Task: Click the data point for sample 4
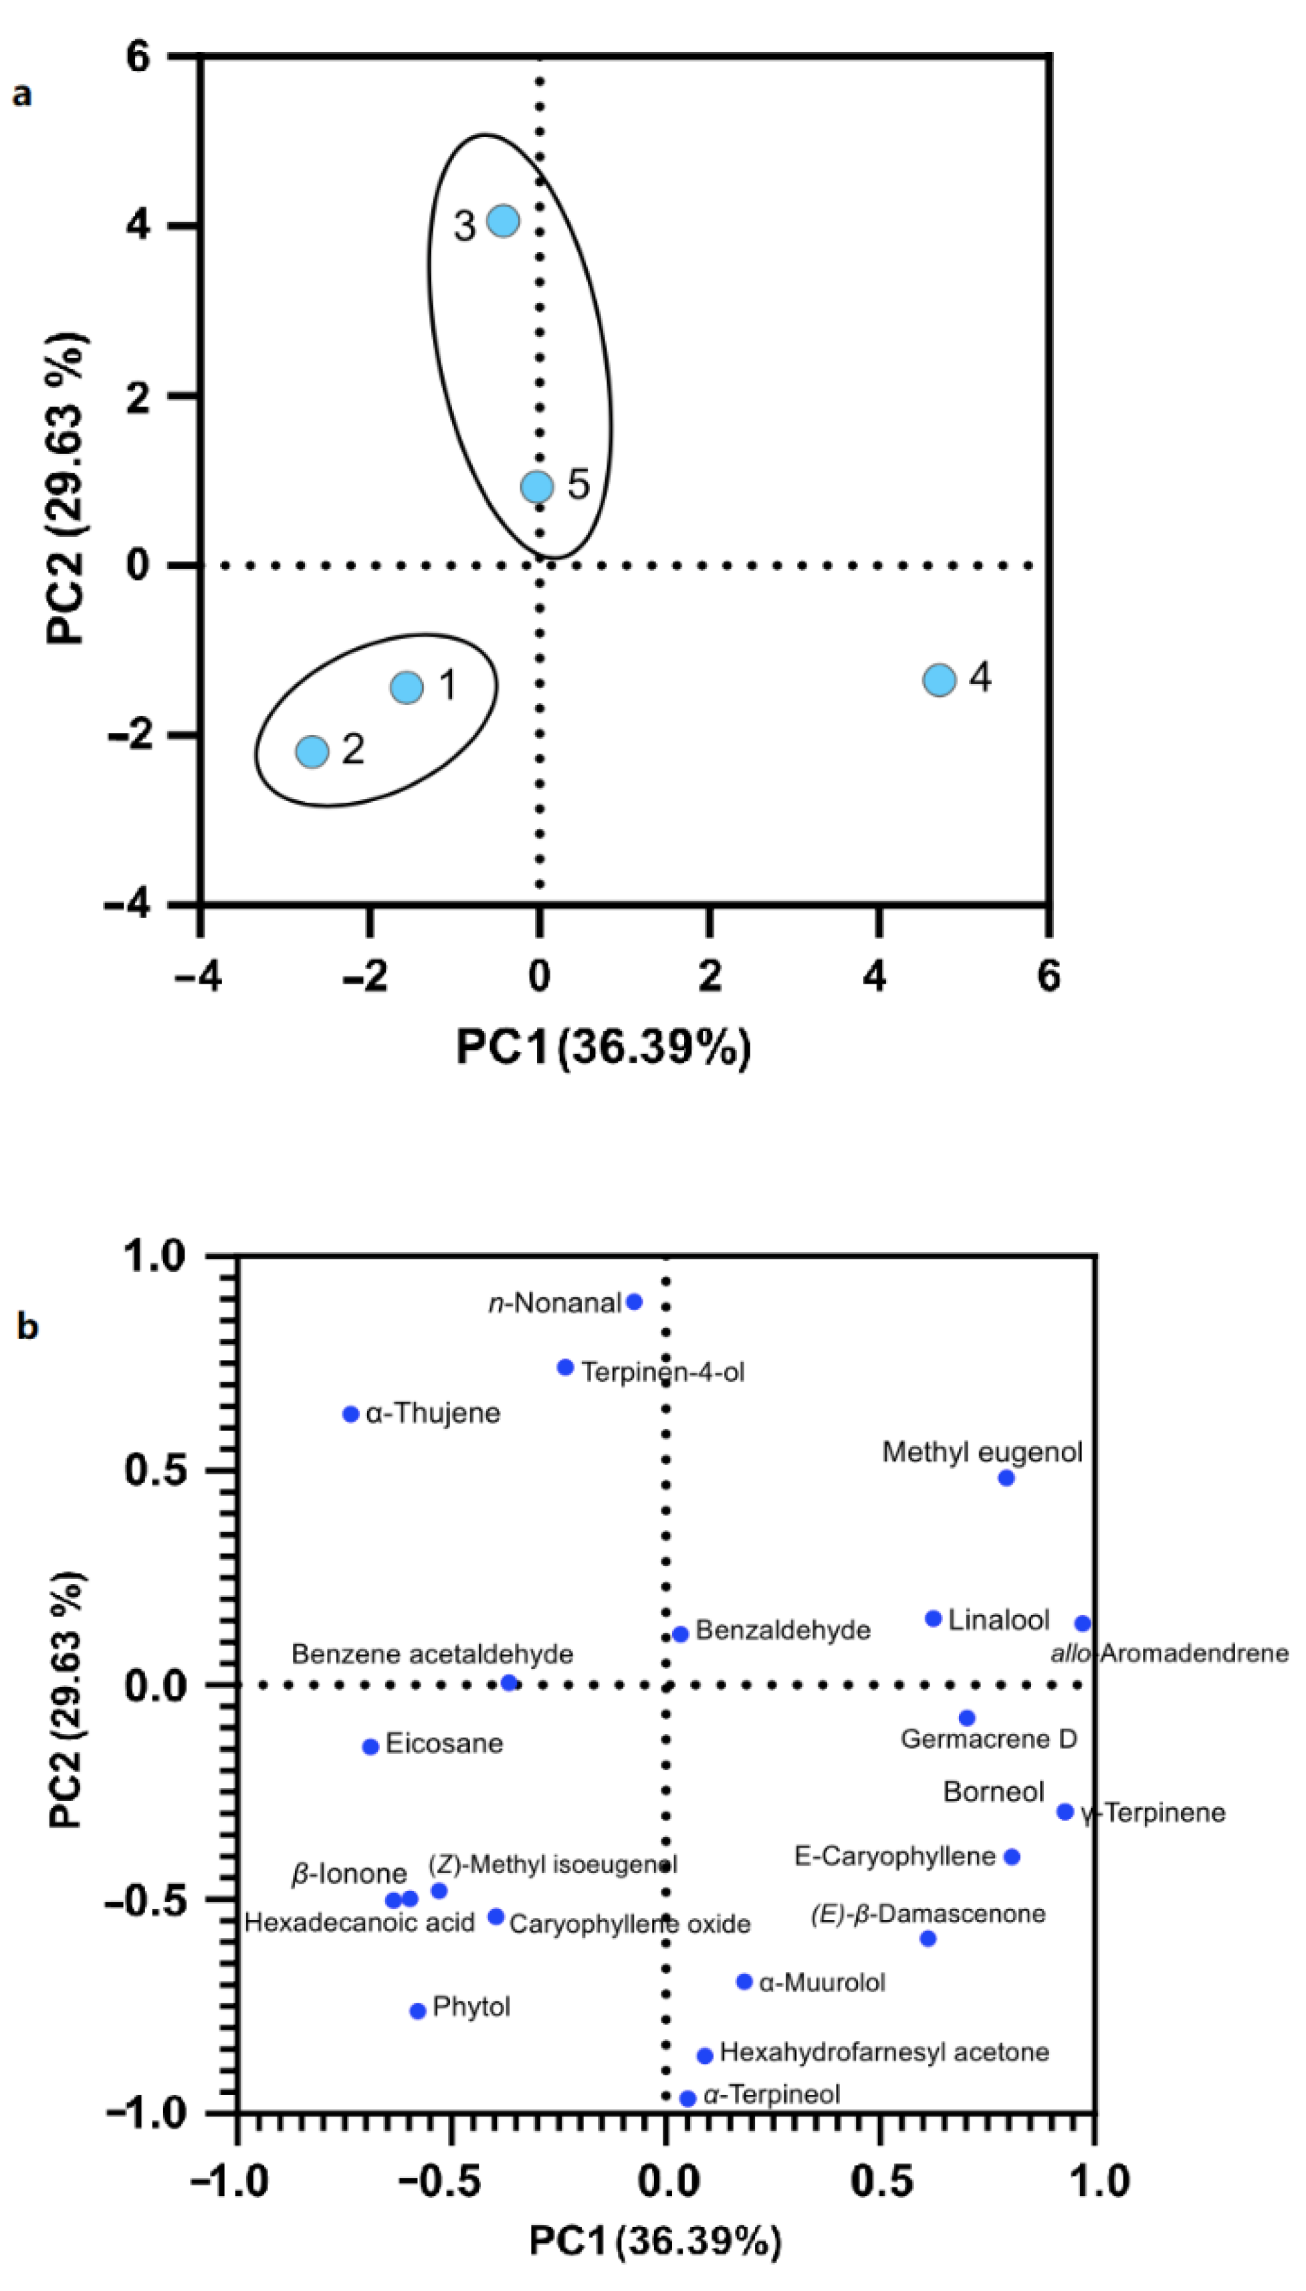[x=938, y=679]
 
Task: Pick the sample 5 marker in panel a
[x=536, y=486]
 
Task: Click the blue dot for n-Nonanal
[x=634, y=1301]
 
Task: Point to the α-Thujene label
[x=433, y=1413]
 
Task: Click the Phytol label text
[x=471, y=2006]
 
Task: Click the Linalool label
[x=998, y=1620]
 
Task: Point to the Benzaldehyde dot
[x=681, y=1634]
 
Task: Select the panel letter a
[x=21, y=93]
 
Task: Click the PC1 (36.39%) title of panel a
[x=604, y=1047]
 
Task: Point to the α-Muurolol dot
[x=744, y=1981]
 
